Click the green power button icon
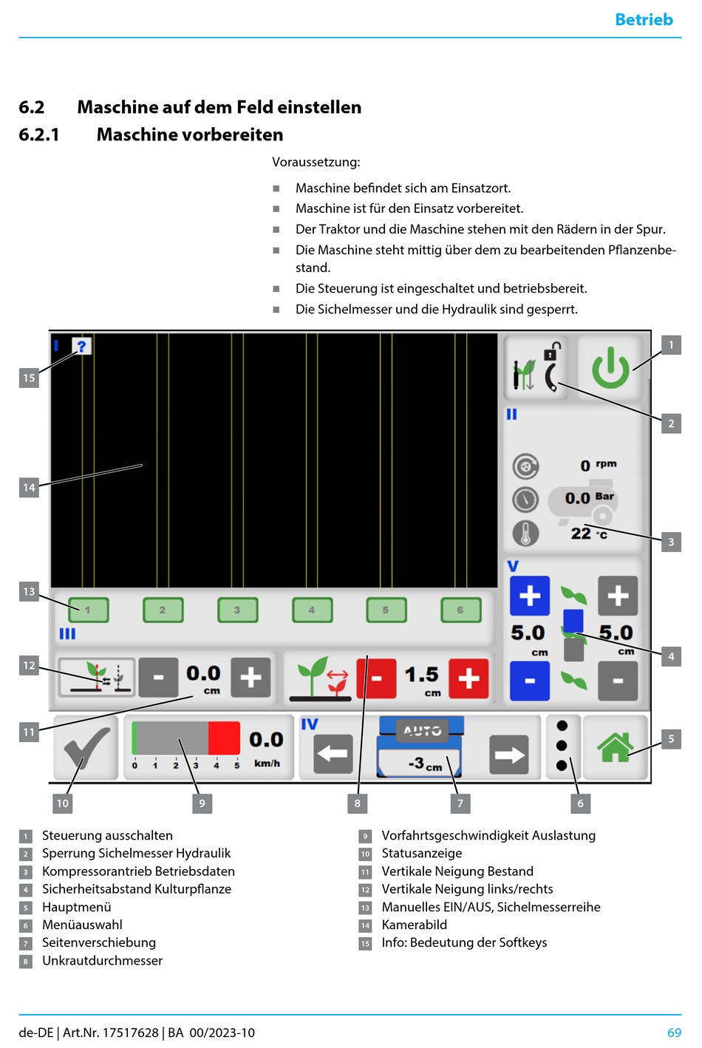pos(610,369)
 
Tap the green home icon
pos(616,746)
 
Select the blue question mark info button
pos(82,347)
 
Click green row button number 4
pos(312,610)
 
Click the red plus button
pos(468,678)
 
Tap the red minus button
pos(376,678)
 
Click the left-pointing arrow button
pos(333,754)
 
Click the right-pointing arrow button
pos(509,754)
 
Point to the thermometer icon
pos(525,534)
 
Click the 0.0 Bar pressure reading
pos(589,498)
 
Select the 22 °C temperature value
pos(589,534)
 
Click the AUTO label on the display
pos(423,730)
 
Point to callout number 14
pos(29,488)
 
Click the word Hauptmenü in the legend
pos(77,907)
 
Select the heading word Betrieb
pos(644,19)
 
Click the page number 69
pos(674,1032)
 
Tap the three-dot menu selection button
pos(562,746)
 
